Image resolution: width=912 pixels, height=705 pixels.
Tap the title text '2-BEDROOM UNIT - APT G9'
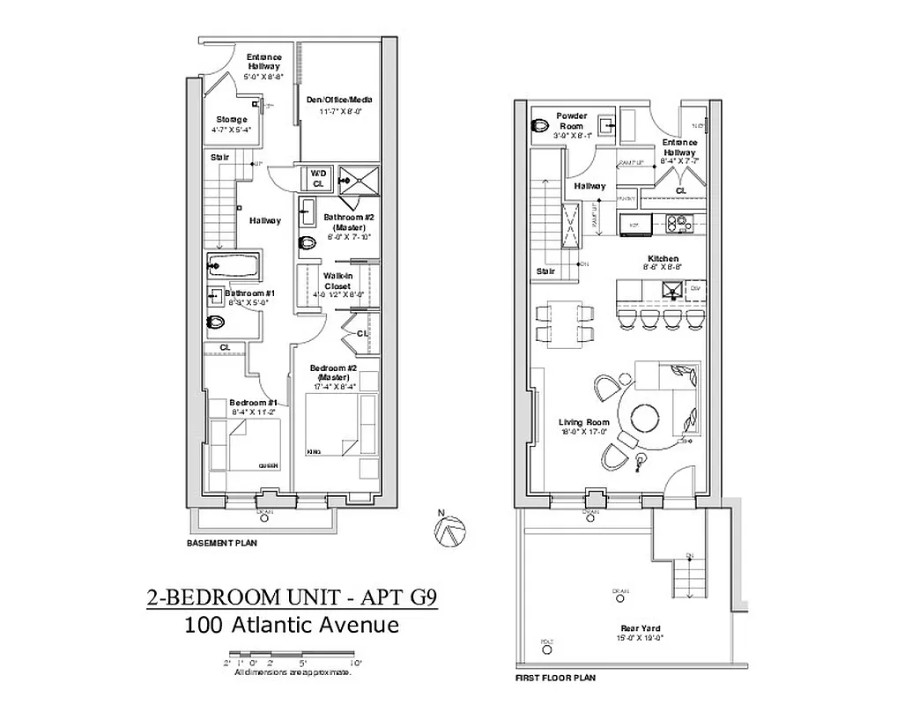coord(291,599)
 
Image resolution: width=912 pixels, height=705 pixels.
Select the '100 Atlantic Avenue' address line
coord(292,626)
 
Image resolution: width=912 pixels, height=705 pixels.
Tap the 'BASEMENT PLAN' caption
coord(221,544)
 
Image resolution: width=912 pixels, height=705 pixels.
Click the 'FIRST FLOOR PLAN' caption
coord(555,679)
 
